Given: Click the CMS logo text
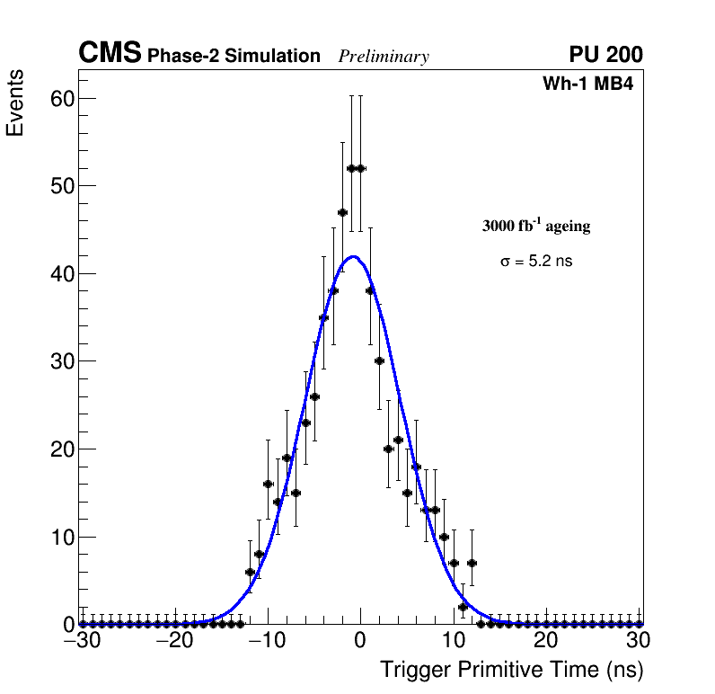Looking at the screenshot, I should [x=110, y=54].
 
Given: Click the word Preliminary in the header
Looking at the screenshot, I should [x=384, y=57].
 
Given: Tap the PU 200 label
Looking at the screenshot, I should [x=605, y=55].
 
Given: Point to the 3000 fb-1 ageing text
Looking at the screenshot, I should [x=536, y=226].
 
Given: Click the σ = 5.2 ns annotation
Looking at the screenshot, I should [x=536, y=262].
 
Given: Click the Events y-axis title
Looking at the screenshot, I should [x=15, y=102].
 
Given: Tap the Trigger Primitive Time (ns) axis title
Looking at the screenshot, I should [x=511, y=670].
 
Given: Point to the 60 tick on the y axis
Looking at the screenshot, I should [x=61, y=99].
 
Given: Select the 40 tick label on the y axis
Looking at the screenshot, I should [x=61, y=273].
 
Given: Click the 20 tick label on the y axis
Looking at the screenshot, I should [x=61, y=449].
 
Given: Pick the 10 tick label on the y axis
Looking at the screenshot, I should [x=61, y=538].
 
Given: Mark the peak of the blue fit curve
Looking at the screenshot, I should [x=354, y=256].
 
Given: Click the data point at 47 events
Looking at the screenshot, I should [x=342, y=212].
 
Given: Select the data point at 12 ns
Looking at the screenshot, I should [x=472, y=563].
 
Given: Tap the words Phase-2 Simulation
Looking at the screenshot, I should [x=234, y=57].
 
